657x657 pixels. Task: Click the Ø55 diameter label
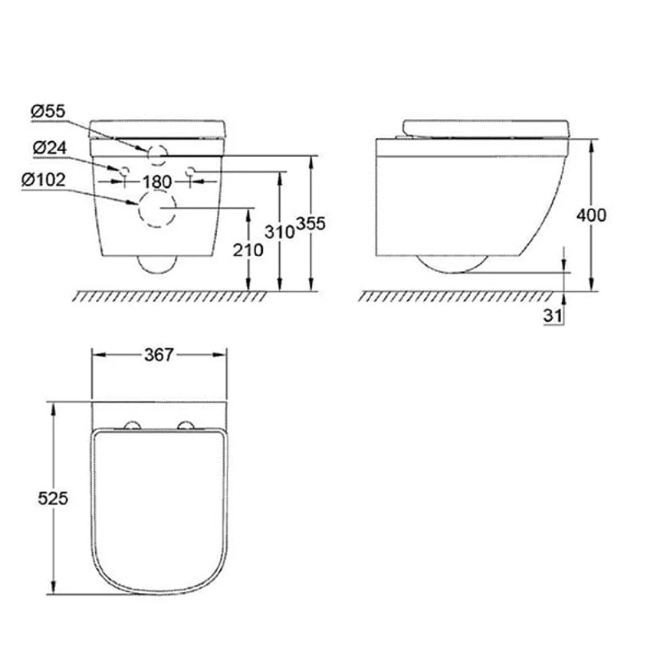coord(48,112)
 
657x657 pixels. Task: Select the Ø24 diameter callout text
coord(50,148)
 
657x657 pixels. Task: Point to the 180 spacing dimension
coord(157,182)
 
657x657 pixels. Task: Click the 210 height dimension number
coord(248,250)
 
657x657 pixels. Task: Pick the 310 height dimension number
coord(279,231)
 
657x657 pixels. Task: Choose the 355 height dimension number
coord(311,224)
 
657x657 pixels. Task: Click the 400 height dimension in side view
coord(591,215)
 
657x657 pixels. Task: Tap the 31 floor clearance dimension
coord(552,315)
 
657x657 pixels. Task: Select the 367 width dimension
coord(159,355)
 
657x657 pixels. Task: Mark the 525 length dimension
coord(53,498)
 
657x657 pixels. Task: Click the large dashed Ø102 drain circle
coord(157,209)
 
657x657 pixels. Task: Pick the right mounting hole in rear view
coord(190,171)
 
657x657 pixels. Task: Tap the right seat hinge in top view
coord(187,425)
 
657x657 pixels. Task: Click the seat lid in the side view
coord(486,128)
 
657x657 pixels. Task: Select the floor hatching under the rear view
coord(169,297)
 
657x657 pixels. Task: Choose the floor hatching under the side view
coord(455,297)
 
